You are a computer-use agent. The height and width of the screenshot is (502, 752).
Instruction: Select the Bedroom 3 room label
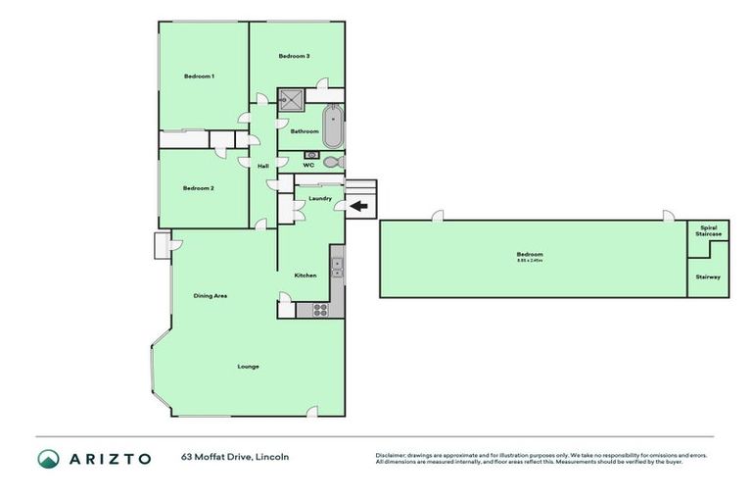click(x=294, y=56)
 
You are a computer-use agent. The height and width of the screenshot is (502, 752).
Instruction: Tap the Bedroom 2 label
click(x=199, y=187)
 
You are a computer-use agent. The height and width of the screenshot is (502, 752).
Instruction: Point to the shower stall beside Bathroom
click(x=291, y=98)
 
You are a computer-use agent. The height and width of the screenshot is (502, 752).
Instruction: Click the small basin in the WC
click(x=313, y=155)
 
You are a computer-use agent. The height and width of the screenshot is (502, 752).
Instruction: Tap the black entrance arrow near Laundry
click(x=359, y=206)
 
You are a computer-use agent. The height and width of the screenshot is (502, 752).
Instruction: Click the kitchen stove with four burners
click(x=320, y=309)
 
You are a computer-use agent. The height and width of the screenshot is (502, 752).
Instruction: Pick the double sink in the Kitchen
click(x=336, y=266)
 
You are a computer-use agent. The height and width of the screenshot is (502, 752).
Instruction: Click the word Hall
click(x=262, y=166)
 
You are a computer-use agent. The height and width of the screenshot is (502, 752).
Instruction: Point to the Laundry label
click(x=319, y=198)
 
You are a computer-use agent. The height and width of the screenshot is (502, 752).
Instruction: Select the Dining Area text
click(x=211, y=295)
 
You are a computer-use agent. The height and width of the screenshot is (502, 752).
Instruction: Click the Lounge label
click(x=248, y=367)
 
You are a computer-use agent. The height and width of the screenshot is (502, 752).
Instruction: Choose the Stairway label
click(x=707, y=277)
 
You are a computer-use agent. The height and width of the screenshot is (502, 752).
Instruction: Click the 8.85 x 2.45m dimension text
click(x=530, y=261)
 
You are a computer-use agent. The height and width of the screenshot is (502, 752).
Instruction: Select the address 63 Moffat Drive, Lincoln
click(x=235, y=457)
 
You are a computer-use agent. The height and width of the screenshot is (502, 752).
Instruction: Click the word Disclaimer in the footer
click(x=391, y=455)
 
